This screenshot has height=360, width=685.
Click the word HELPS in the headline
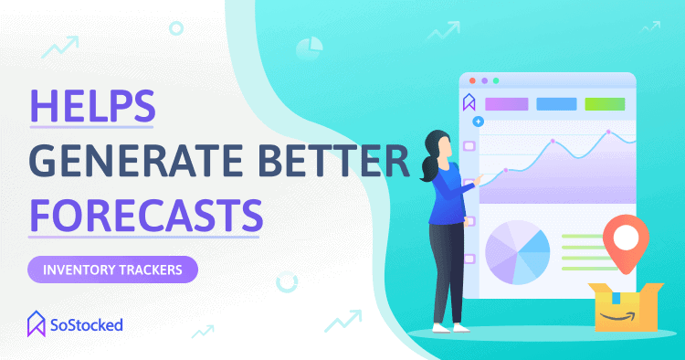tap(92, 106)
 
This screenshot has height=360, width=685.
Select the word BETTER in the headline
tap(332, 161)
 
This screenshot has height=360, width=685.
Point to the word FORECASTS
tap(146, 216)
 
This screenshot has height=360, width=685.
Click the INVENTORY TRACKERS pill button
tap(112, 270)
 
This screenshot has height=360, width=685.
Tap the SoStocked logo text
tap(87, 325)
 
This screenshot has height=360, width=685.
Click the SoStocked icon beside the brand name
tap(37, 323)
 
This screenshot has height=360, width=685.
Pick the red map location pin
tap(626, 241)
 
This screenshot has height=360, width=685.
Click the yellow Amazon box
tap(626, 307)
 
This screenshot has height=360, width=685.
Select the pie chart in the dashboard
tap(518, 252)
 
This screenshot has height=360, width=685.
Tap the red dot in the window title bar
tap(472, 80)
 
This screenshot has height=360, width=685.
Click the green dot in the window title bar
tap(496, 80)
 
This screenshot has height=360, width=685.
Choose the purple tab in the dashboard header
tap(507, 104)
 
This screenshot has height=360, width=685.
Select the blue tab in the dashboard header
tap(556, 104)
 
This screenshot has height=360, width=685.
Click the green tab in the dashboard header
tap(605, 104)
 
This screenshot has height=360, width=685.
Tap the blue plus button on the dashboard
tap(479, 122)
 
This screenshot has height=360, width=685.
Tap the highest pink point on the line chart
tap(608, 132)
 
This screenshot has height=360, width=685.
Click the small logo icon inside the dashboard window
tap(469, 102)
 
